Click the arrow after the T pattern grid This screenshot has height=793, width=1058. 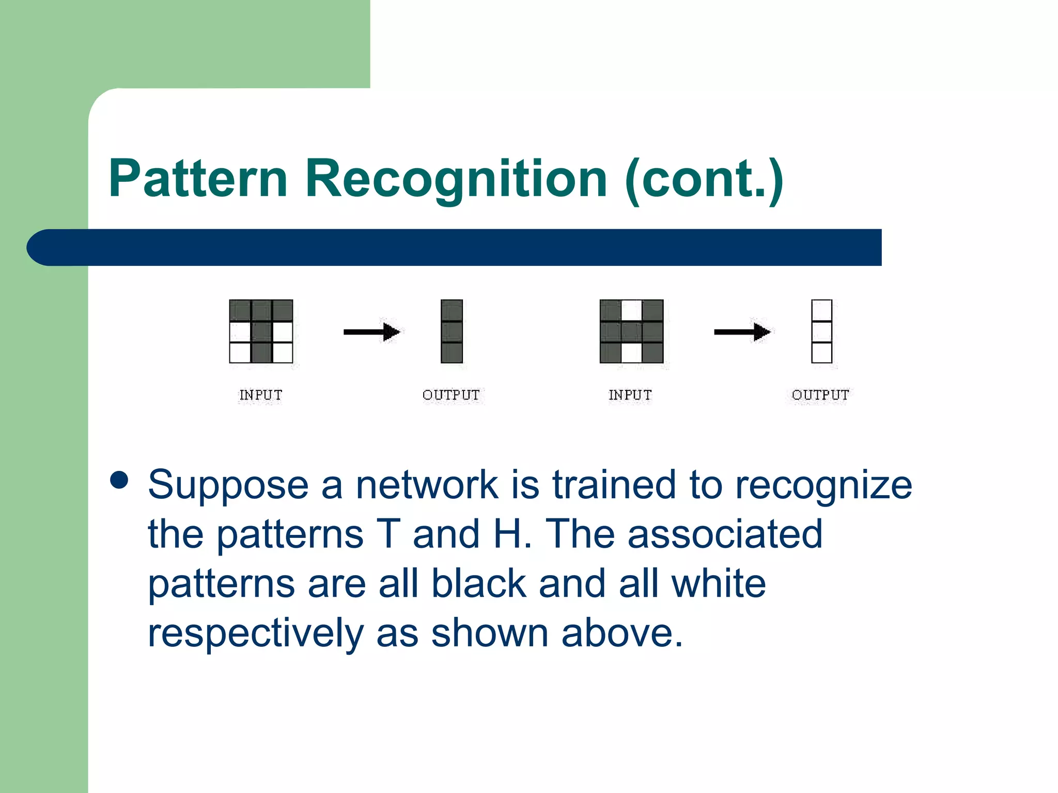coord(371,332)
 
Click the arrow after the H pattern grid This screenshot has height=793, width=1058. coord(742,332)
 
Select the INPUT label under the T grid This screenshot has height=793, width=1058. coord(260,395)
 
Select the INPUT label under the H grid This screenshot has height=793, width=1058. coord(630,395)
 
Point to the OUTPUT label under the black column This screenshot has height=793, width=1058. coord(451,395)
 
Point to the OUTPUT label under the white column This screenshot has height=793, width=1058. coord(820,395)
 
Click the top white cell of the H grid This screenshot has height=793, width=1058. coord(631,310)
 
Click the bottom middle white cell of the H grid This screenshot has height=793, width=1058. coord(631,353)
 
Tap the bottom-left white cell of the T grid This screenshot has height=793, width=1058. coord(240,353)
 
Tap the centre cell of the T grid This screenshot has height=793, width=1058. coord(261,332)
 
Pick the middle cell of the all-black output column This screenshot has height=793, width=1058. coord(452,332)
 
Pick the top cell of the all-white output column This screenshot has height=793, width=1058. coord(821,310)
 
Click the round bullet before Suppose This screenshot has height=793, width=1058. coord(119,480)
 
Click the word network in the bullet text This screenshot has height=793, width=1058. coord(427,485)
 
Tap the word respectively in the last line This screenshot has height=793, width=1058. coord(256,633)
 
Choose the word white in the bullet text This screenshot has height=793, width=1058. coord(718,584)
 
